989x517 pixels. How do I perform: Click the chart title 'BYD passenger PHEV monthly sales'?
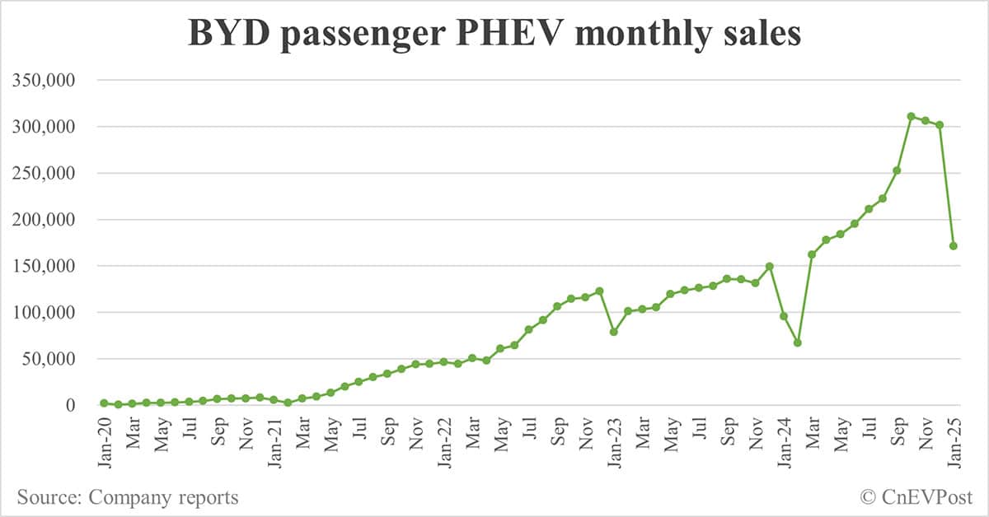point(494,35)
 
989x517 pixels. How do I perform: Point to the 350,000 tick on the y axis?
point(53,81)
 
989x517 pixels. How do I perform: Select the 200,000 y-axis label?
point(53,220)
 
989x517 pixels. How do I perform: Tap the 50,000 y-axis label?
point(57,359)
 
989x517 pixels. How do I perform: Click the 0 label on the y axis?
point(82,405)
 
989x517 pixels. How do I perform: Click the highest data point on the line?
point(911,116)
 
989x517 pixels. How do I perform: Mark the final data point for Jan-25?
point(954,245)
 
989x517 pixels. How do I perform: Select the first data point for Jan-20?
point(104,403)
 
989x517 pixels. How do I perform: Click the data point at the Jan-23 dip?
point(614,332)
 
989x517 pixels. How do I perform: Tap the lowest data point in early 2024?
point(798,342)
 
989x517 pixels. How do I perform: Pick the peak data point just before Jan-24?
point(769,266)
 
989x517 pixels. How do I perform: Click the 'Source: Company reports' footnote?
point(128,497)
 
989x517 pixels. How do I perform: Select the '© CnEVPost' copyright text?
point(916,497)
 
